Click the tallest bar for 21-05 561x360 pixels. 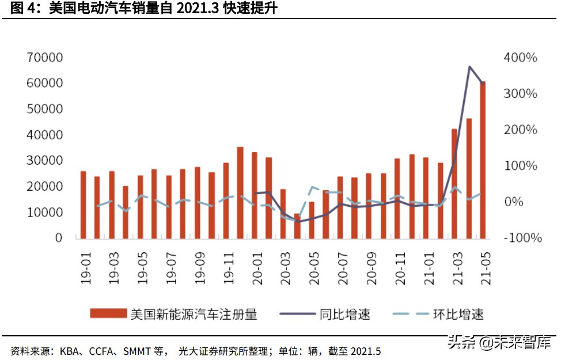483,160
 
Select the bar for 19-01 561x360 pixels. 83,204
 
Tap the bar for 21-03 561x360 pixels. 454,183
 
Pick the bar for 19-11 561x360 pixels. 225,192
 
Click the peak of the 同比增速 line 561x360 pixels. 469,67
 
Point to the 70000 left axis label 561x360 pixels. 44,58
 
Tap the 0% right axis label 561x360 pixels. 515,202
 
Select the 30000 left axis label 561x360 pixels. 44,161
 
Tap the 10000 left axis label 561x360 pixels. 44,212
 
